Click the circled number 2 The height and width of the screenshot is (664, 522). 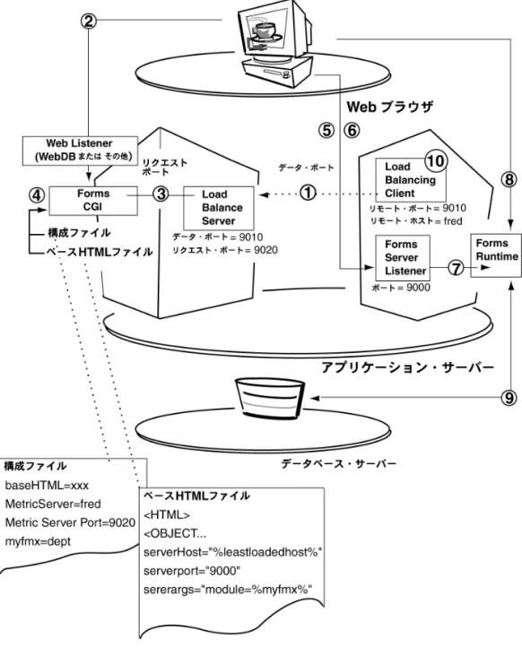(x=89, y=21)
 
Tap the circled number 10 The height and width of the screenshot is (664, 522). (x=436, y=161)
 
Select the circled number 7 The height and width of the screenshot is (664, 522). (x=456, y=268)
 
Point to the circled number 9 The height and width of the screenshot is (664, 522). (x=509, y=398)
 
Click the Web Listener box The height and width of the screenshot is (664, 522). (x=80, y=151)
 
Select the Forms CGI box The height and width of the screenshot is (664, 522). (x=93, y=201)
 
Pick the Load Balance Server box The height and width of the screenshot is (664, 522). (x=219, y=208)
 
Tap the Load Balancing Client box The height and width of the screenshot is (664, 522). (x=411, y=180)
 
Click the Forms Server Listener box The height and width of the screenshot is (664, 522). (x=403, y=258)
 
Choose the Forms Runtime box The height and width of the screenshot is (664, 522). (x=496, y=254)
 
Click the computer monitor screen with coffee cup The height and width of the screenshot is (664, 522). (x=265, y=31)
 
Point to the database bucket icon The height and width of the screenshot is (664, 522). (x=269, y=397)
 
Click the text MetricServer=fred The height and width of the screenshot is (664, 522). (x=53, y=504)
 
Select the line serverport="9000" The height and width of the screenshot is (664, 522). (x=192, y=571)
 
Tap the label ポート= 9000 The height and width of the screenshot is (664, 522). (x=401, y=288)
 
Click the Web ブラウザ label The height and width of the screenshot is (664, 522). (x=390, y=107)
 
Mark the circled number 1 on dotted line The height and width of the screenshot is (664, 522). (x=308, y=193)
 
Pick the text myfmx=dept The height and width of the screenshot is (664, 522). (x=38, y=541)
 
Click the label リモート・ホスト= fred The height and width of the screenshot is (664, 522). (x=416, y=221)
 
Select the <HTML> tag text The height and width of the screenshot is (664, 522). (x=167, y=515)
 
